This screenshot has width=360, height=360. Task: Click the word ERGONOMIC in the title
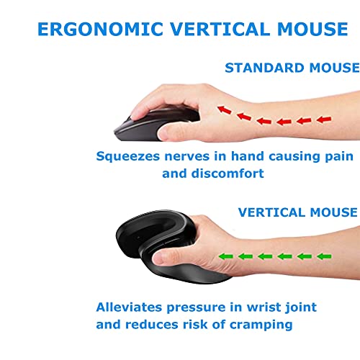101,29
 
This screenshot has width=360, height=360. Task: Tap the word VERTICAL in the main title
220,29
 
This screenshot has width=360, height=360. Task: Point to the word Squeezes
128,157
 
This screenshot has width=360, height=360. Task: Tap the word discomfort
228,173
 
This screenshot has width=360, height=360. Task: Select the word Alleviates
129,307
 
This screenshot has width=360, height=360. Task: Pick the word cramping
261,325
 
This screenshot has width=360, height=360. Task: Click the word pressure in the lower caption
196,308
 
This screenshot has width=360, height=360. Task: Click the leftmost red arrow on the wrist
225,109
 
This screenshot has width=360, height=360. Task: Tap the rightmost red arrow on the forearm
324,119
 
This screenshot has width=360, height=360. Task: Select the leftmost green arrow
226,256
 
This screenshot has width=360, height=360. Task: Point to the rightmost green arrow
324,256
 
